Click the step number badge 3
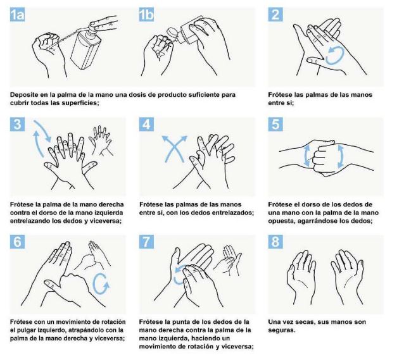pyautogui.click(x=18, y=125)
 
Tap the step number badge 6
pyautogui.click(x=18, y=243)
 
